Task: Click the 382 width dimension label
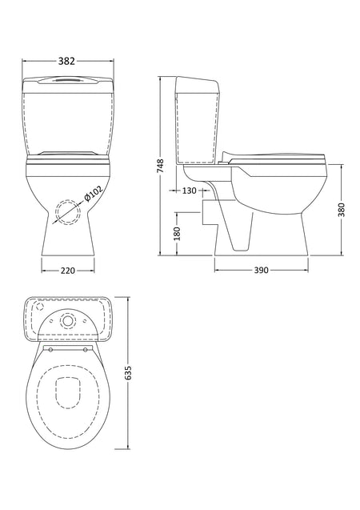click(x=66, y=61)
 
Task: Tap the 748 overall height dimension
click(x=161, y=166)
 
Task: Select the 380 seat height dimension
click(x=341, y=210)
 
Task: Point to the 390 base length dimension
click(x=262, y=270)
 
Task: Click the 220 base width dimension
click(x=67, y=271)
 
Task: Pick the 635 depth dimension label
click(x=128, y=373)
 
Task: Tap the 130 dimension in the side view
click(x=189, y=191)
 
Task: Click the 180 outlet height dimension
click(x=177, y=234)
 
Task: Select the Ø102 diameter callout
click(x=93, y=194)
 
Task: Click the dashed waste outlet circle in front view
click(x=68, y=211)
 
